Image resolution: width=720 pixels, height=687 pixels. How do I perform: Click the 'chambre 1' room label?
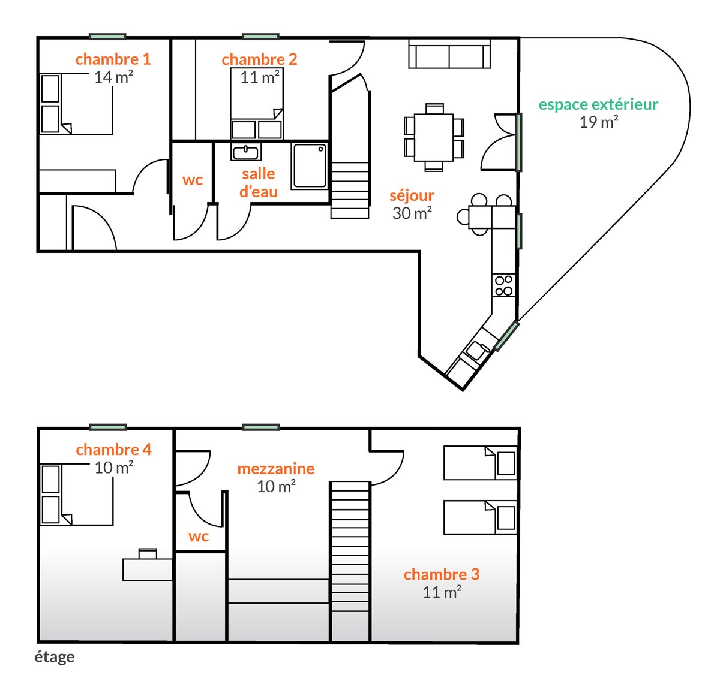tap(113, 59)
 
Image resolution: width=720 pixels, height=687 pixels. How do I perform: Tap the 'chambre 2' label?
tap(259, 59)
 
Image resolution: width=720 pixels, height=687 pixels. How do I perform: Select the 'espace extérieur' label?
tap(598, 104)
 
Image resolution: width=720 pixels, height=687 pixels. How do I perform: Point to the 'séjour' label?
tap(412, 196)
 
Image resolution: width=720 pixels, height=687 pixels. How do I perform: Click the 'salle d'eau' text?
tap(258, 183)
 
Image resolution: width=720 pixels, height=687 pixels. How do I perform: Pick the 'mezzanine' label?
tap(275, 469)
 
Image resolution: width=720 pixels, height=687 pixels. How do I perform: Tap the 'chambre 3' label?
tap(442, 574)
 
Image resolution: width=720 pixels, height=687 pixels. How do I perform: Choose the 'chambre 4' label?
tap(113, 450)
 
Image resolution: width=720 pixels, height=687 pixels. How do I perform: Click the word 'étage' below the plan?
tap(55, 657)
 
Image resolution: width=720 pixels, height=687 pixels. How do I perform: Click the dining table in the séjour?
tap(434, 137)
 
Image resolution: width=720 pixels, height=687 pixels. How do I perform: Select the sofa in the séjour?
tap(449, 54)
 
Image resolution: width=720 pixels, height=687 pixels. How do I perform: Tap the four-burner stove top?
tap(503, 285)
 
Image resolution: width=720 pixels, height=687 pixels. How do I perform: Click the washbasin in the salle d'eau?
tap(245, 152)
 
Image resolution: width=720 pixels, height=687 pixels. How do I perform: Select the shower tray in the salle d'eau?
tap(310, 166)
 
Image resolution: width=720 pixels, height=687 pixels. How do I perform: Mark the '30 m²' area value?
tap(412, 213)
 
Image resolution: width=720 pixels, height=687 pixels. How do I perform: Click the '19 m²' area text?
tap(599, 122)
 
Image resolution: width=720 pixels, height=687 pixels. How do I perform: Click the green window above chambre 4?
tap(107, 427)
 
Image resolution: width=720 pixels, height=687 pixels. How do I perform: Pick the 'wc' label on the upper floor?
tap(199, 537)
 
